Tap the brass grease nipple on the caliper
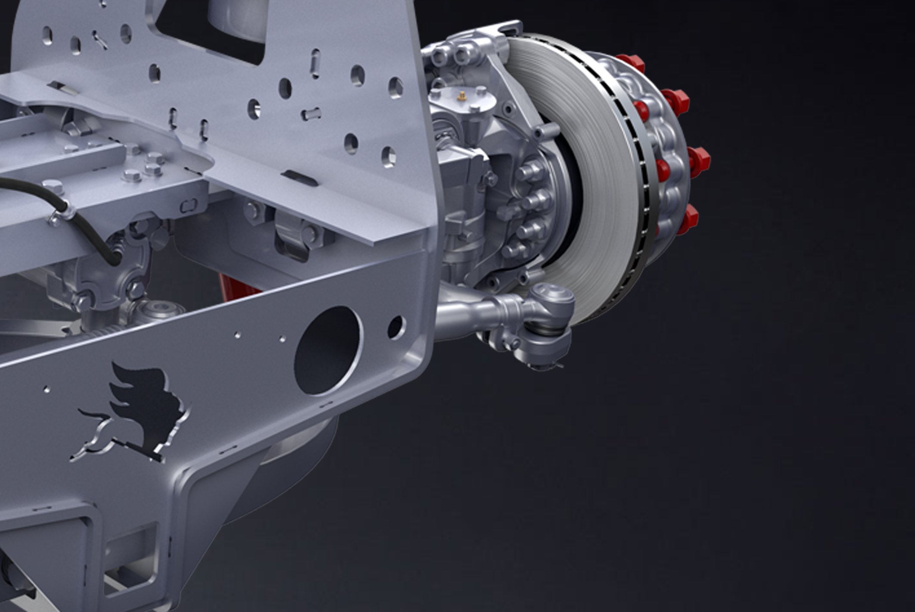[462, 96]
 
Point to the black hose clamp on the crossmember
[60, 212]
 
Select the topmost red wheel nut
[630, 63]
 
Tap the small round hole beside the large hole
[395, 327]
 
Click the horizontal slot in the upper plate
[311, 114]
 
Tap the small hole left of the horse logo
[47, 389]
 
